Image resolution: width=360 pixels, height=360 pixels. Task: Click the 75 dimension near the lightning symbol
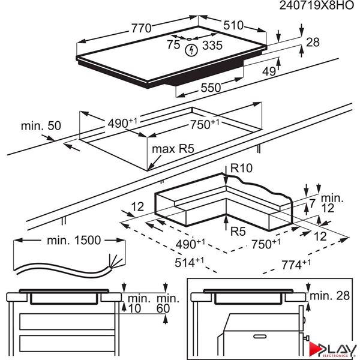173,44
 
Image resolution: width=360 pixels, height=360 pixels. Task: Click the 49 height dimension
269,71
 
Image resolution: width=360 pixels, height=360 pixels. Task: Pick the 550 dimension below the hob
210,88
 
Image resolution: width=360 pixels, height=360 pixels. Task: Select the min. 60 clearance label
167,304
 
